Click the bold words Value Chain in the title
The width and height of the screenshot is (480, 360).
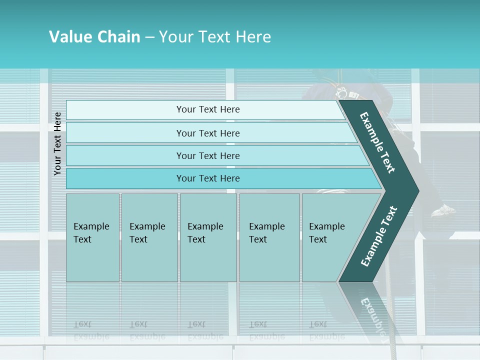pyautogui.click(x=94, y=37)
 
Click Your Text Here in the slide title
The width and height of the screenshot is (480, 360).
pyautogui.click(x=215, y=37)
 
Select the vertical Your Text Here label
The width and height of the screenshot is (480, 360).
pyautogui.click(x=57, y=143)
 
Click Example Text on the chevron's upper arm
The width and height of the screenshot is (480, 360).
pyautogui.click(x=377, y=142)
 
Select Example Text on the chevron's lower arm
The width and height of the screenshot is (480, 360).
pyautogui.click(x=378, y=236)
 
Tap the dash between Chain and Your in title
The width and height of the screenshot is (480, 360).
pyautogui.click(x=149, y=37)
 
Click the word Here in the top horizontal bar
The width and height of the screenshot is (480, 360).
pyautogui.click(x=229, y=109)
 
